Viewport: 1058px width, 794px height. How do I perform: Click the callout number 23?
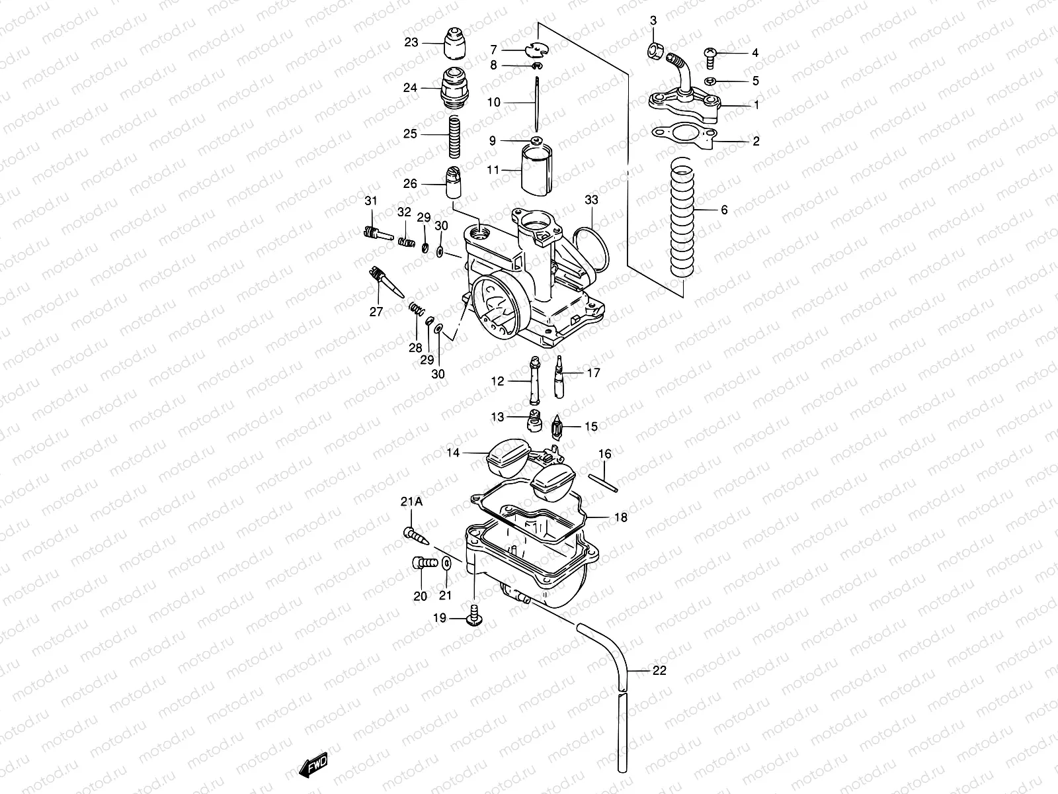pyautogui.click(x=411, y=42)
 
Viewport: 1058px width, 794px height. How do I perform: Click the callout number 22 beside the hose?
pyautogui.click(x=659, y=670)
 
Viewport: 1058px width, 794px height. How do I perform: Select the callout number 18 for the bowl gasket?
pyautogui.click(x=620, y=518)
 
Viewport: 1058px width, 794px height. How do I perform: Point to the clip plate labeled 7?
pyautogui.click(x=541, y=50)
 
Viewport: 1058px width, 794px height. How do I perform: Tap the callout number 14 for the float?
pyautogui.click(x=452, y=453)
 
